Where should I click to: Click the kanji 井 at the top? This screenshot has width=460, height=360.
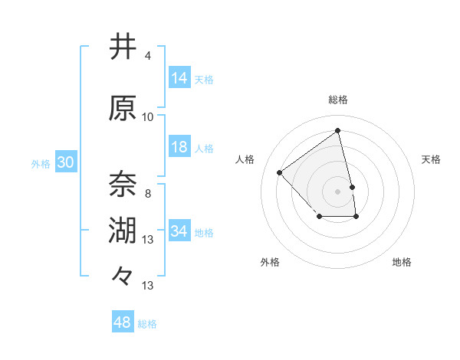tap(123, 47)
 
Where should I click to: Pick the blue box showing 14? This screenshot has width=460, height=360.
tap(179, 78)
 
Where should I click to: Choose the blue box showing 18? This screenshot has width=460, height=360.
tap(179, 147)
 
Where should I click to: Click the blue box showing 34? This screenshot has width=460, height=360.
tap(179, 231)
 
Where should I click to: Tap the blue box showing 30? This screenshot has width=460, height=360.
tap(65, 162)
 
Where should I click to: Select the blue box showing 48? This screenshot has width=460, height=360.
tap(123, 322)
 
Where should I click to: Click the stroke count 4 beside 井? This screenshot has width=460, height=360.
tap(147, 56)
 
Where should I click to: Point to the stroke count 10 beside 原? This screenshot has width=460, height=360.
tap(147, 117)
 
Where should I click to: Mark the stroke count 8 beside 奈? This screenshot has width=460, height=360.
tap(147, 193)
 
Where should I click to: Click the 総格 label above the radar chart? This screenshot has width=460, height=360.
tap(338, 100)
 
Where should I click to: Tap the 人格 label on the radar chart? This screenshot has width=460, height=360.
tap(245, 159)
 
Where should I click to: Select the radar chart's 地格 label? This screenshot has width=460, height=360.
tap(402, 263)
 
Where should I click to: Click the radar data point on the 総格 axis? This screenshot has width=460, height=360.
tap(338, 131)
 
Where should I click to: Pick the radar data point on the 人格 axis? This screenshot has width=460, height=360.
tap(280, 172)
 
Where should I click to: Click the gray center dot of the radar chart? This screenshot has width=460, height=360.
tap(338, 191)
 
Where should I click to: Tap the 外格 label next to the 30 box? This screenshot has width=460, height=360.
tap(41, 163)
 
